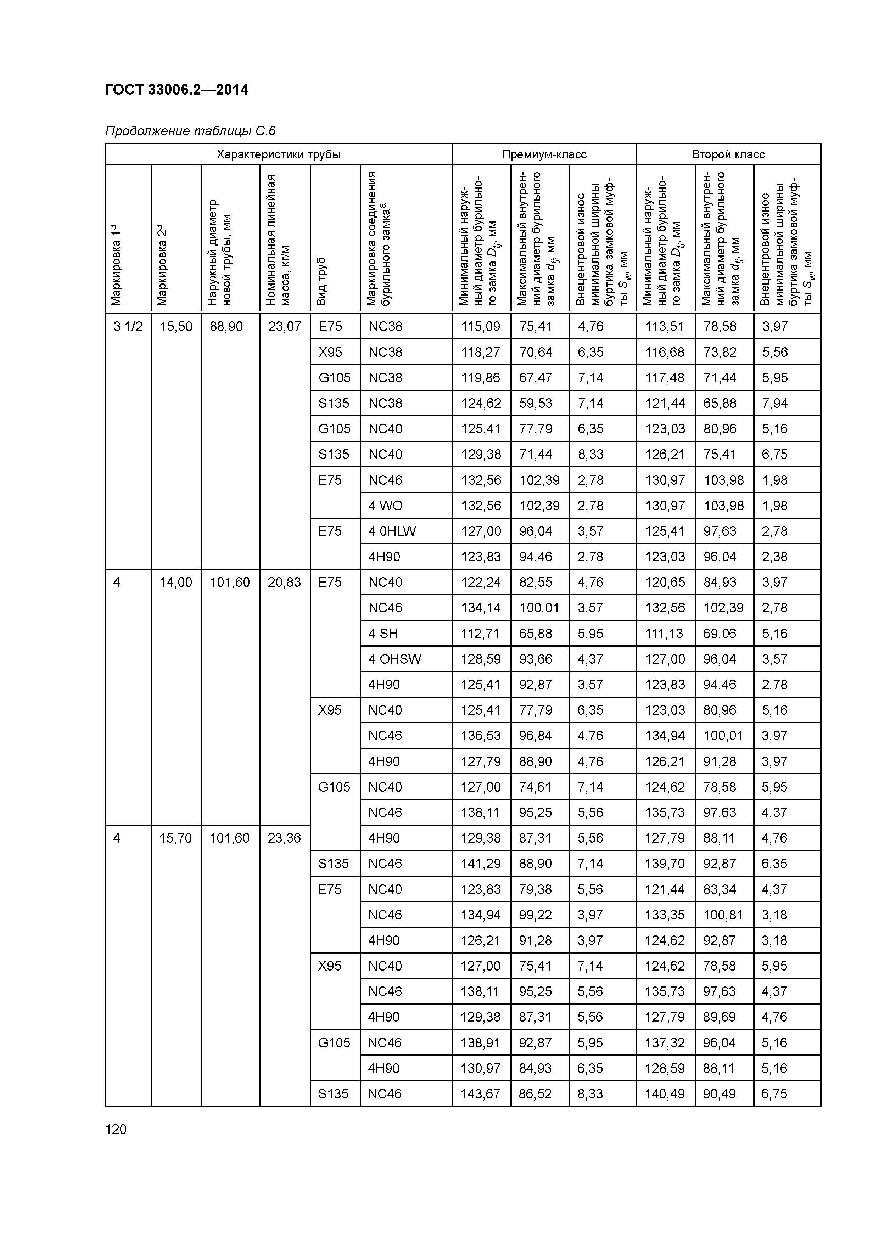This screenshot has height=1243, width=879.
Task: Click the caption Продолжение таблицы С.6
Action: point(190,131)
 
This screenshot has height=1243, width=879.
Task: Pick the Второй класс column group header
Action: point(728,154)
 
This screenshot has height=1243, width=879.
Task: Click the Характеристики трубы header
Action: point(278,154)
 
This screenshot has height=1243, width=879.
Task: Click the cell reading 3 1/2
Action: point(128,326)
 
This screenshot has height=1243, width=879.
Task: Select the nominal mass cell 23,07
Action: point(284,326)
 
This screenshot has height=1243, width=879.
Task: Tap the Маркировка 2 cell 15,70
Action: point(175,838)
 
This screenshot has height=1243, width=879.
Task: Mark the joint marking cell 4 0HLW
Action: point(392,531)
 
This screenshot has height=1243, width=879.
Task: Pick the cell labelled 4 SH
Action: point(383,634)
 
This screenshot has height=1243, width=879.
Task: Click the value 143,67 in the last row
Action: point(480,1093)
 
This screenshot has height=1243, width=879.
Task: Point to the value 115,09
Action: point(480,326)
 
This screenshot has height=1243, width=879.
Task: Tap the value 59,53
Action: point(535,403)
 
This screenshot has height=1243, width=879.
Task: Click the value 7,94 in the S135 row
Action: point(774,403)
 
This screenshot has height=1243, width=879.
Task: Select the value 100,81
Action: point(723,915)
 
